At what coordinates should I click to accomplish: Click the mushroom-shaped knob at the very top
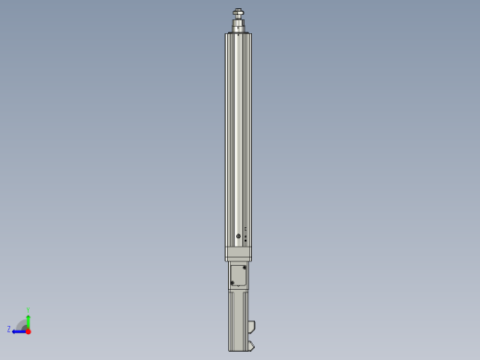click(238, 13)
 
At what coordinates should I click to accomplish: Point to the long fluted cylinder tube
click(238, 129)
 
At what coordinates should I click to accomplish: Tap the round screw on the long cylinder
click(238, 236)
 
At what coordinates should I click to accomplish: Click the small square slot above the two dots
click(246, 228)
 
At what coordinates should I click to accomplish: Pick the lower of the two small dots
click(246, 240)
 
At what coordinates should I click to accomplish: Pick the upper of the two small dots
click(246, 234)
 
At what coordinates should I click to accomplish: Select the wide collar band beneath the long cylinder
click(238, 254)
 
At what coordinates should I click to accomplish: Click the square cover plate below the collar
click(238, 275)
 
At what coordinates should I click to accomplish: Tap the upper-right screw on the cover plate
click(245, 268)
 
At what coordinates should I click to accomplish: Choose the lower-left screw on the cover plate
click(233, 283)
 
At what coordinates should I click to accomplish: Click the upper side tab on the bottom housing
click(251, 325)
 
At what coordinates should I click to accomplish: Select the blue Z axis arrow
click(18, 330)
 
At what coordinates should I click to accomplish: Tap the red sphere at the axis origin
click(28, 330)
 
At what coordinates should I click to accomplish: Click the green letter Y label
click(29, 310)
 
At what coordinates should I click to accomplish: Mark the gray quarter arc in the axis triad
click(21, 323)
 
